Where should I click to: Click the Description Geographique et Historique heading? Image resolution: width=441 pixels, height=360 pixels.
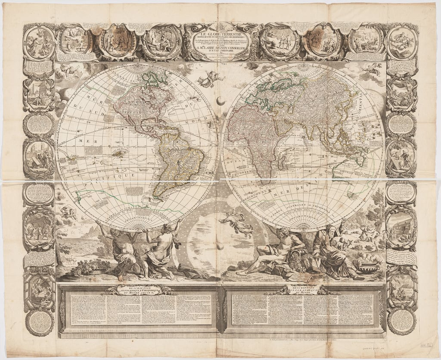click(140, 289)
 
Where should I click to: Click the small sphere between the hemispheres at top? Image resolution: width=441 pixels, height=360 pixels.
click(220, 100)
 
